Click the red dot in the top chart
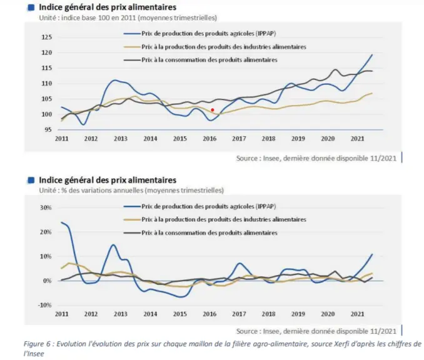coord(213,110)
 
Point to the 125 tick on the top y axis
coord(46,37)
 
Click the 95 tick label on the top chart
coord(48,130)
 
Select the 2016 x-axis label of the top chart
coord(209,139)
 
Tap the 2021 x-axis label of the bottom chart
coord(357,314)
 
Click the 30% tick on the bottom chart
coord(46,207)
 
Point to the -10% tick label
coord(44,305)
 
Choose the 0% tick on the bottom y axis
coord(47,281)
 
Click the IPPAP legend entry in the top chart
coord(200,34)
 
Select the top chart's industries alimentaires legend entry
coord(215,47)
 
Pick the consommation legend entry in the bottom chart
coord(201,232)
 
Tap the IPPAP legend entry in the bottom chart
coord(200,206)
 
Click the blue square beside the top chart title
coord(31,7)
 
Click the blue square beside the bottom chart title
coord(31,180)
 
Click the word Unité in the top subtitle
coord(49,18)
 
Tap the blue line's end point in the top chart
coord(372,55)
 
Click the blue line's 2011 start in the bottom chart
coord(62,222)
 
